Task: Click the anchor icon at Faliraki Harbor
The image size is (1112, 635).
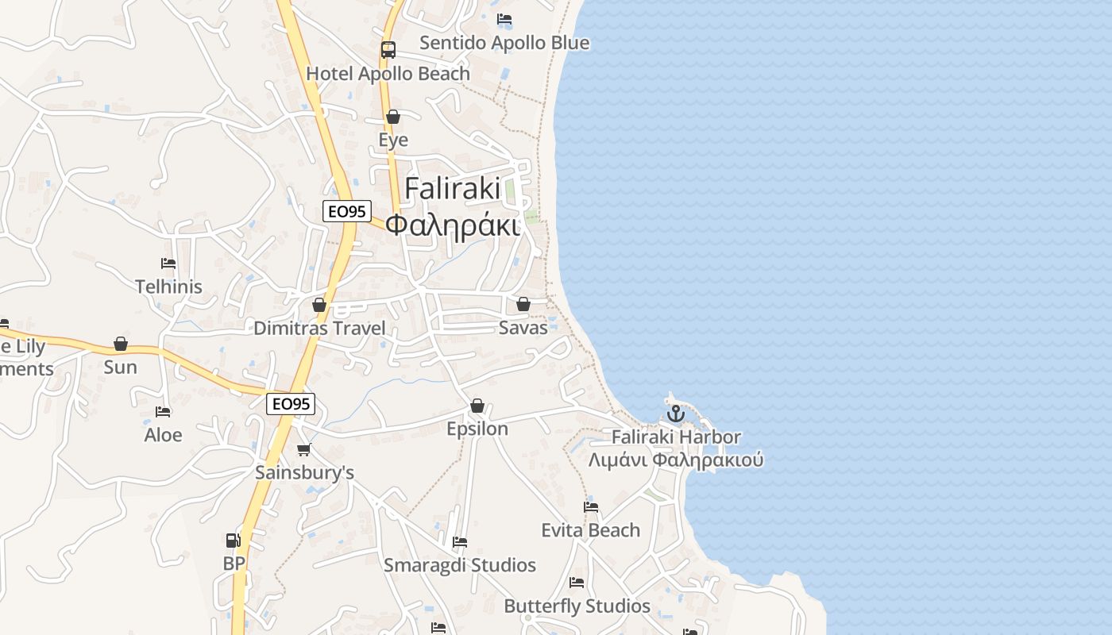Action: [675, 414]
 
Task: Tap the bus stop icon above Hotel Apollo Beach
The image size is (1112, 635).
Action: [388, 50]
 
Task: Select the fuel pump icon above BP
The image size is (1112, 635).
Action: [233, 541]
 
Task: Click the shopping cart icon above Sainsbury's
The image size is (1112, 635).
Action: [303, 450]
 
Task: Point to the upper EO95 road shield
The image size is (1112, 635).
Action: [347, 211]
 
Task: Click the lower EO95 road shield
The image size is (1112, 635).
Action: [291, 404]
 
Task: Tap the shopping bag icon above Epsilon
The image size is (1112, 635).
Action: [477, 406]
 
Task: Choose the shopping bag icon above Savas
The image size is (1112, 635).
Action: [523, 304]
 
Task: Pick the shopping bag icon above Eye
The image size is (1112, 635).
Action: [392, 117]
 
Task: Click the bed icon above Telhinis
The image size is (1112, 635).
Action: [168, 264]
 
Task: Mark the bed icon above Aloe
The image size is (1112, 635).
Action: [163, 412]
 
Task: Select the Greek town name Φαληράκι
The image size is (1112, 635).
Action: [453, 225]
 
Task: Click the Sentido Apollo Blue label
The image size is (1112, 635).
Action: [504, 43]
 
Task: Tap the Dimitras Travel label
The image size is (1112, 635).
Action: [319, 329]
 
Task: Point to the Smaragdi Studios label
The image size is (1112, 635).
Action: [460, 565]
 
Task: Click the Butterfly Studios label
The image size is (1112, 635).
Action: [577, 606]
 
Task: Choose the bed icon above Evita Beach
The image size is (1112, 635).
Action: [591, 507]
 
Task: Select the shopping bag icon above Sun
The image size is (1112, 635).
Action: [121, 344]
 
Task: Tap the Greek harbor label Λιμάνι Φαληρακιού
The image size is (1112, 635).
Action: [676, 460]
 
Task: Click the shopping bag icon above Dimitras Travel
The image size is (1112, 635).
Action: [319, 305]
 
